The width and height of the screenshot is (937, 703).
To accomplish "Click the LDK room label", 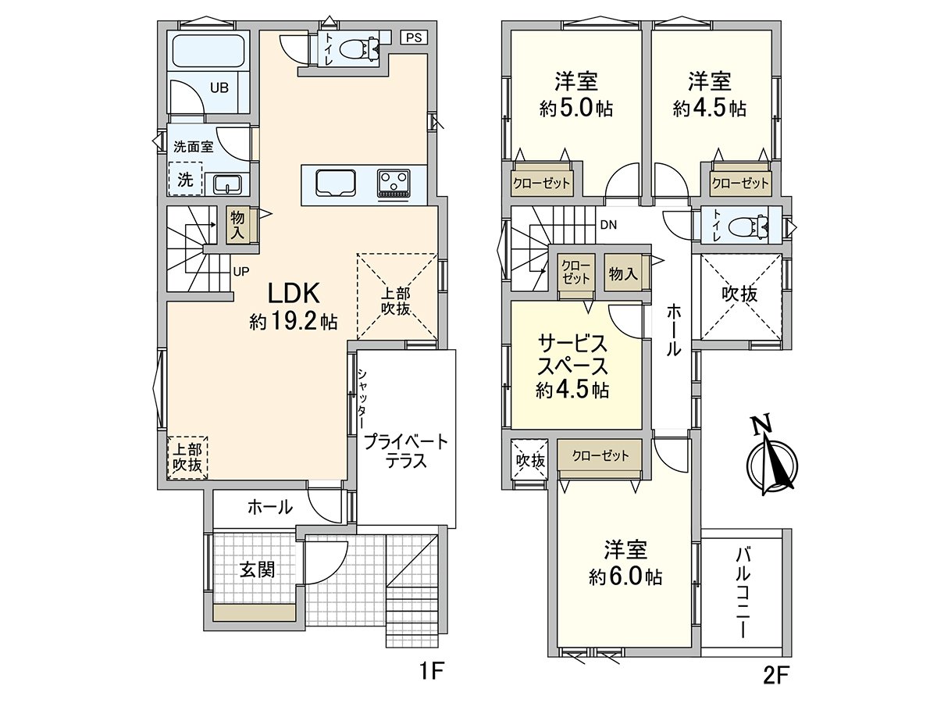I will (x=294, y=294).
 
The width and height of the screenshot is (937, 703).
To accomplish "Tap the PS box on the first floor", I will (x=412, y=37).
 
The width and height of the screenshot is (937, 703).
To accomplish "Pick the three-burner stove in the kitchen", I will (x=394, y=184).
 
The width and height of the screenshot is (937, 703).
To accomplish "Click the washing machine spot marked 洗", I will (x=185, y=178).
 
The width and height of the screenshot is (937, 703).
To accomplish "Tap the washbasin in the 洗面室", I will (x=226, y=184).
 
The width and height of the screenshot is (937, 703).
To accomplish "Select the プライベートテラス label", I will (x=406, y=451).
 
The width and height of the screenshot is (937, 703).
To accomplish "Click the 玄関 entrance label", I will (x=257, y=569).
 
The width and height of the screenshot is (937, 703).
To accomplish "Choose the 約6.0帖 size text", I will (x=625, y=577).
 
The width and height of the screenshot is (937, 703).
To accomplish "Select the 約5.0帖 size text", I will (x=575, y=109).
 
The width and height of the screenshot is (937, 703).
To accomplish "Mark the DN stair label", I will (x=608, y=225).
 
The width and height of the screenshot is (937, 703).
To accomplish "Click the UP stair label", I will (x=241, y=272).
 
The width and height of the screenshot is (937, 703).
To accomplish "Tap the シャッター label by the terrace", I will (x=362, y=398).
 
